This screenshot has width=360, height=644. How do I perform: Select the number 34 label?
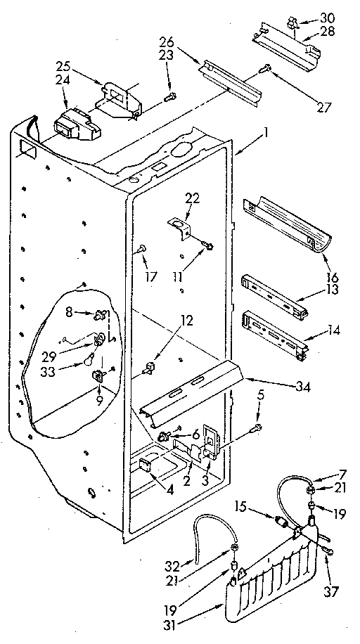324,386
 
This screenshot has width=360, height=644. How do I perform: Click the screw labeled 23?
171,97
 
